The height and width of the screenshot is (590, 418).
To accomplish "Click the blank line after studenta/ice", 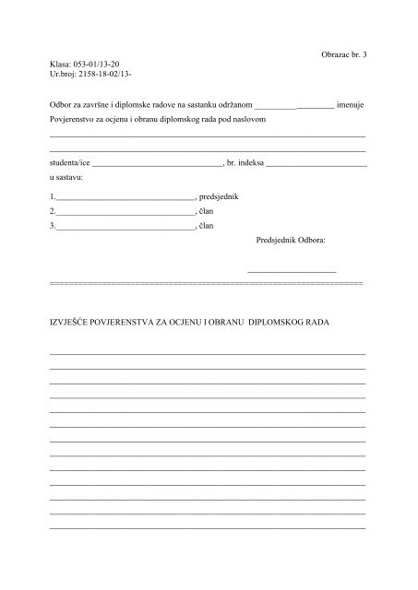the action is [158, 164].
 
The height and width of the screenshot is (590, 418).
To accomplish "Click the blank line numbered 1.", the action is [125, 199].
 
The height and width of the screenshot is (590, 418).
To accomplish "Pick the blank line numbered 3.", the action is [125, 227].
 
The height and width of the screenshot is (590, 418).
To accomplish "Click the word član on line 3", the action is [207, 225].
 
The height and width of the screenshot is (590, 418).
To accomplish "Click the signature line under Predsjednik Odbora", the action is [292, 270].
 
